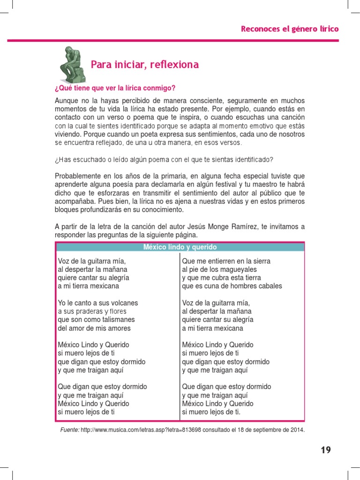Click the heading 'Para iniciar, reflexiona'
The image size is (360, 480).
pos(144,65)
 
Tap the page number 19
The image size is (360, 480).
pos(326,450)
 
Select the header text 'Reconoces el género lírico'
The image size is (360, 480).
pos(290,29)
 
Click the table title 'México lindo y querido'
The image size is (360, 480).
pos(180,247)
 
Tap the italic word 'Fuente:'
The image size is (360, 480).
pos(70,430)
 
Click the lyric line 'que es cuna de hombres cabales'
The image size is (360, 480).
pos(232,286)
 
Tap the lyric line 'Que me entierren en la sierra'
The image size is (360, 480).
pos(226,261)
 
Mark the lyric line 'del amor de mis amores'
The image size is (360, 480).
pos(94,328)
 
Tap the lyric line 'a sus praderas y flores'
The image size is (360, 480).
pos(92,311)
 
